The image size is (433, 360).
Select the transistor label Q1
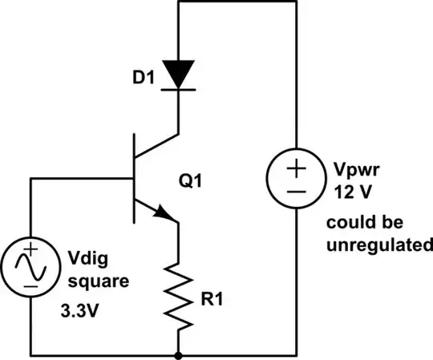191,183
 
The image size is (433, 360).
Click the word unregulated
374,246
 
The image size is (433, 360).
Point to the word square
95,282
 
